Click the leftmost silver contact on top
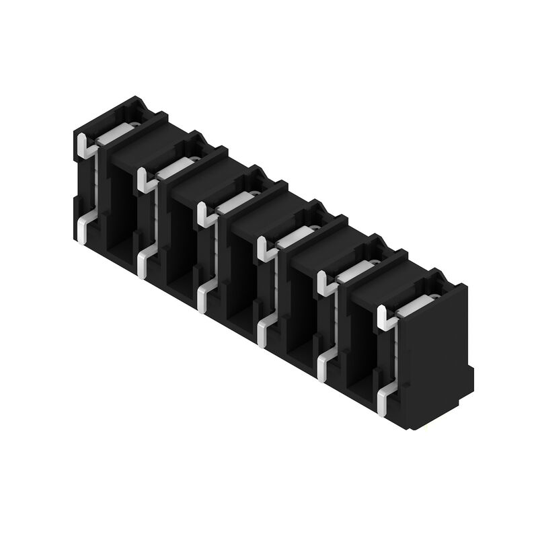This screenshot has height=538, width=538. pos(112,135)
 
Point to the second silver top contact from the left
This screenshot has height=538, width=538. pos(172,168)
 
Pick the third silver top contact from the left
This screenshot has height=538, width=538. pos(233,202)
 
